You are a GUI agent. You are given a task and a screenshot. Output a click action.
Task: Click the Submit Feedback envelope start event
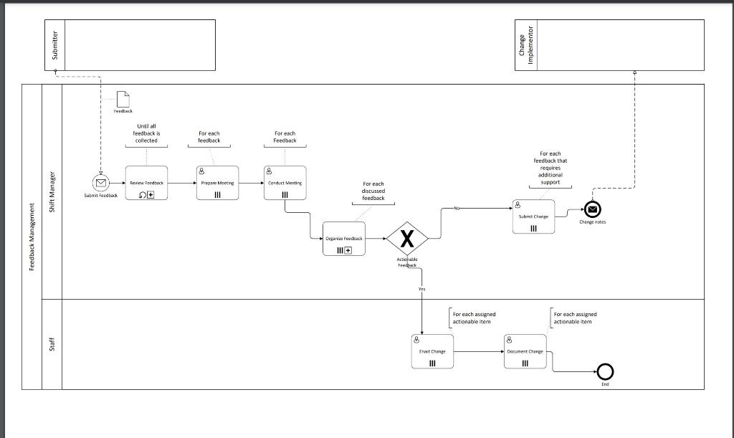[101, 183]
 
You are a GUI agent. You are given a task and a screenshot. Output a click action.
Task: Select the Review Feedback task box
[146, 183]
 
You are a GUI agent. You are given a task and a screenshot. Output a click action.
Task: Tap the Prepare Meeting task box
[216, 183]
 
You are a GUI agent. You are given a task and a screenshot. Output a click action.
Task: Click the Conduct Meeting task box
[285, 183]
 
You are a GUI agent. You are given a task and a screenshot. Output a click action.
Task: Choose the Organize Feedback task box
[344, 238]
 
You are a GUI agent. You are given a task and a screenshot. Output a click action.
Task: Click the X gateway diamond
[407, 238]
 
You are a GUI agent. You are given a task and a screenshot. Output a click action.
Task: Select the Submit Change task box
[533, 216]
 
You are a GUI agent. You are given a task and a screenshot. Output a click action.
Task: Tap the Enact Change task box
[432, 351]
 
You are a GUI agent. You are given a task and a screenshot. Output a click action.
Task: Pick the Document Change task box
[525, 351]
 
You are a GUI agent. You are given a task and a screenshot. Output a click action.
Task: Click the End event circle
[605, 371]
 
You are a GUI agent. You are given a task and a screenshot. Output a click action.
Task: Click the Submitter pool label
[55, 45]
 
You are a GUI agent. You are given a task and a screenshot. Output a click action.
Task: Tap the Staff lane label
[52, 345]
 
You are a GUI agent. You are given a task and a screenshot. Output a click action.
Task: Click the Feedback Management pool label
[32, 237]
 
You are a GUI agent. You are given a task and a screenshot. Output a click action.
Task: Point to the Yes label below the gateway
[421, 289]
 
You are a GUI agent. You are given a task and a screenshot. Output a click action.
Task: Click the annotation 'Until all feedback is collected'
[146, 133]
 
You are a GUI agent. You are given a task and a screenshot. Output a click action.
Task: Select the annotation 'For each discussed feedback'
[373, 191]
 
